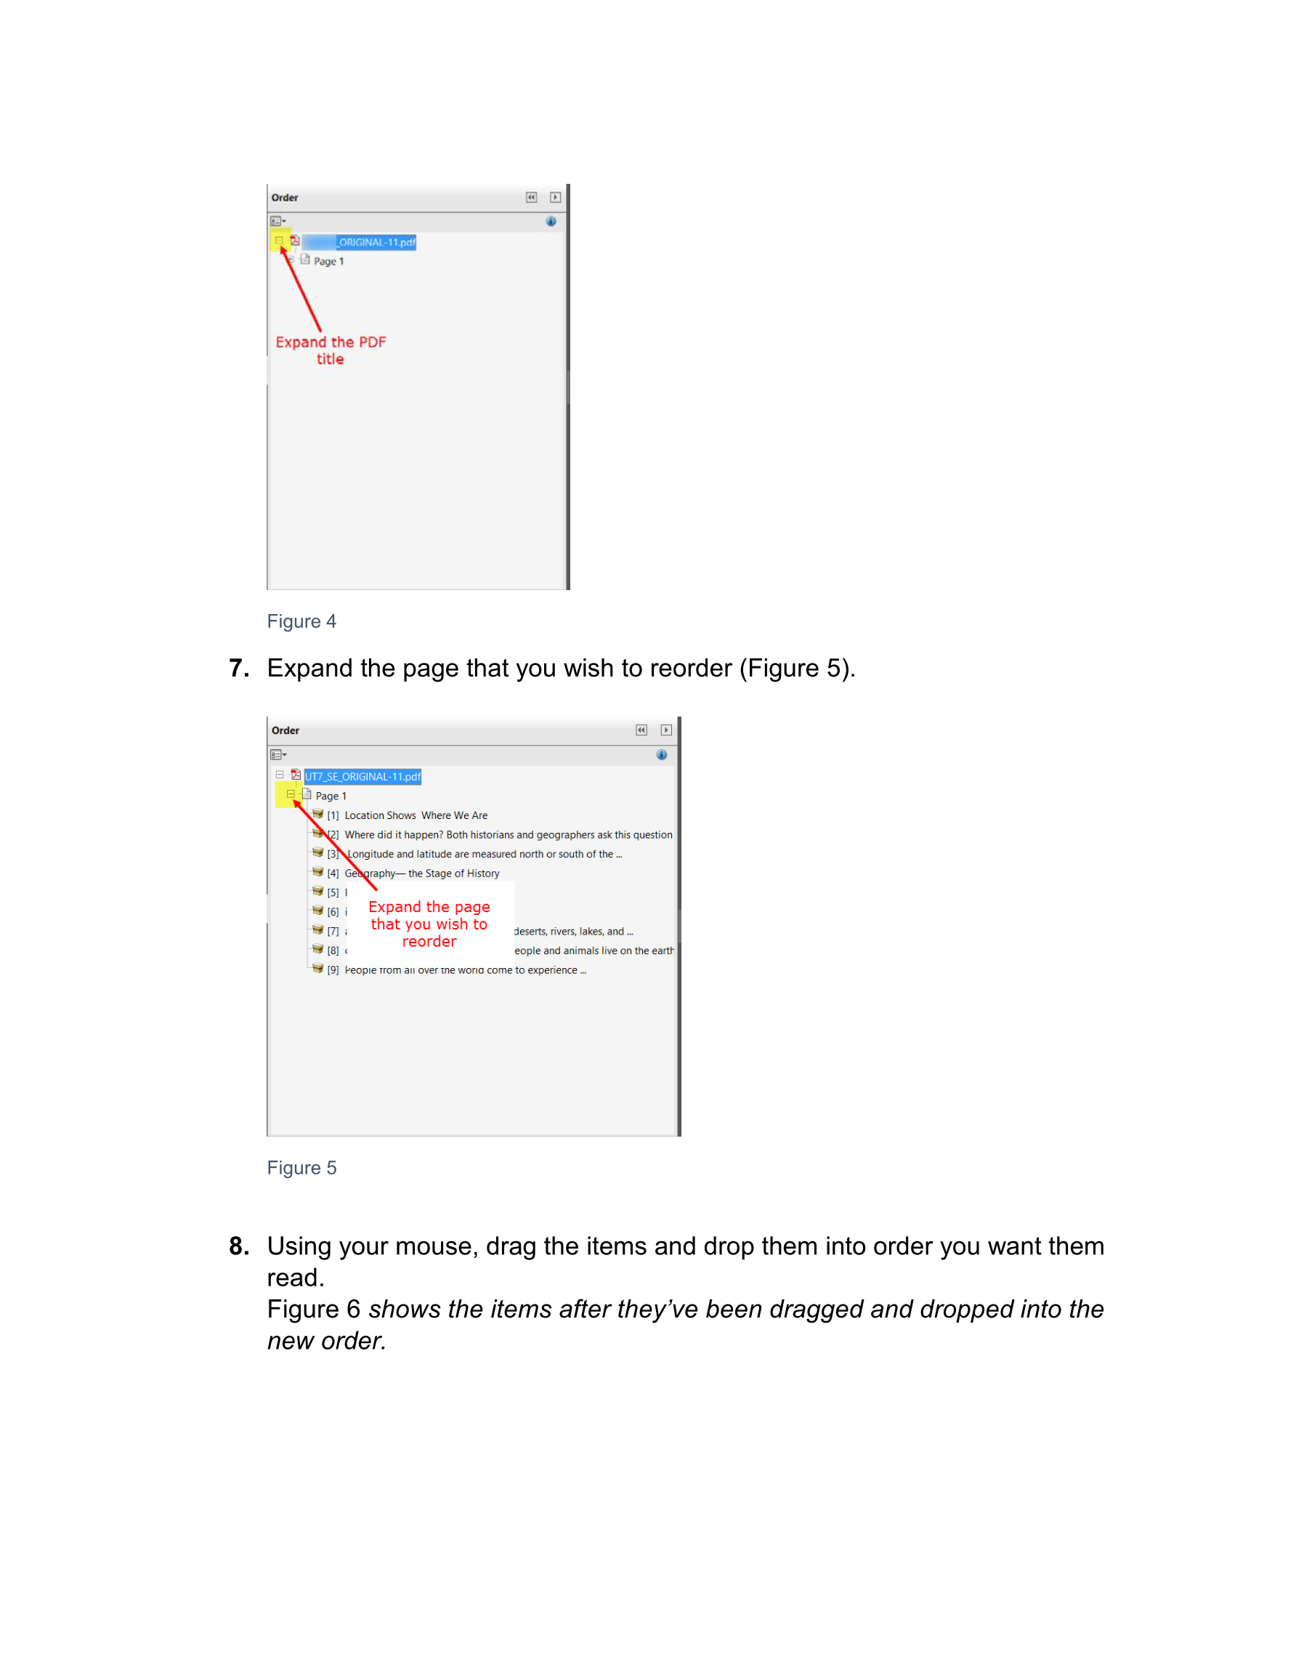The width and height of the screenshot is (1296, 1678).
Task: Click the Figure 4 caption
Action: (301, 621)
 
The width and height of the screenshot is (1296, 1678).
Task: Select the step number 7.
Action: (239, 669)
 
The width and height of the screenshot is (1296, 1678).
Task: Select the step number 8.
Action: (239, 1246)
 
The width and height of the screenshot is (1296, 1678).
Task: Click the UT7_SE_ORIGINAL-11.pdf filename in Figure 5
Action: (363, 777)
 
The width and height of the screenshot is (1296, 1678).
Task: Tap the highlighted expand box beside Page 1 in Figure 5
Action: (291, 794)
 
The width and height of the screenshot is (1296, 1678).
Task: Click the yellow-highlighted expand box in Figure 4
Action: (280, 241)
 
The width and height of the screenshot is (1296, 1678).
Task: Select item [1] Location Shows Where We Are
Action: (416, 815)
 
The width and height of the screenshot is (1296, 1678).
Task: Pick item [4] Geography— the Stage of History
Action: (422, 873)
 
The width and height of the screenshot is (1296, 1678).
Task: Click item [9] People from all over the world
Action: (465, 969)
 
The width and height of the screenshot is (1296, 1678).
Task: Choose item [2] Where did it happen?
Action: (508, 834)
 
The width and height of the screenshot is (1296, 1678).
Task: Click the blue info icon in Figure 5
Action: (662, 754)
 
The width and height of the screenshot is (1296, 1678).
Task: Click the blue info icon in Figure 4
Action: (551, 221)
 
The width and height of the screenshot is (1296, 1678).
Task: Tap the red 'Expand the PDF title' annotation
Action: (331, 350)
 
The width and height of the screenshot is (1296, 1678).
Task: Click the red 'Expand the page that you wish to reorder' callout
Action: (429, 924)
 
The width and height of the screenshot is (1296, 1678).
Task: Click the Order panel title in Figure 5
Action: (285, 730)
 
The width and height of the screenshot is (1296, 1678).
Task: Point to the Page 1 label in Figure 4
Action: (328, 261)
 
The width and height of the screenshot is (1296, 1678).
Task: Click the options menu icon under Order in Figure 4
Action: (278, 221)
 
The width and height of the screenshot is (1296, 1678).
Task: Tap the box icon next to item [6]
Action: (317, 911)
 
